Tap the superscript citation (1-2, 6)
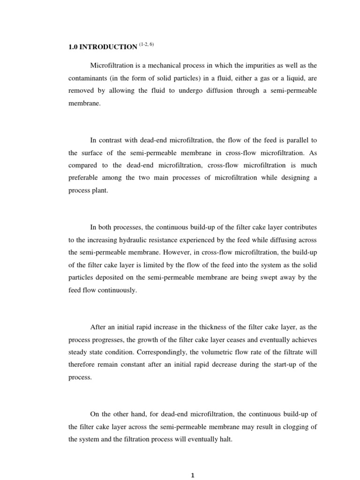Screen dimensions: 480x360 click(146, 45)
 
